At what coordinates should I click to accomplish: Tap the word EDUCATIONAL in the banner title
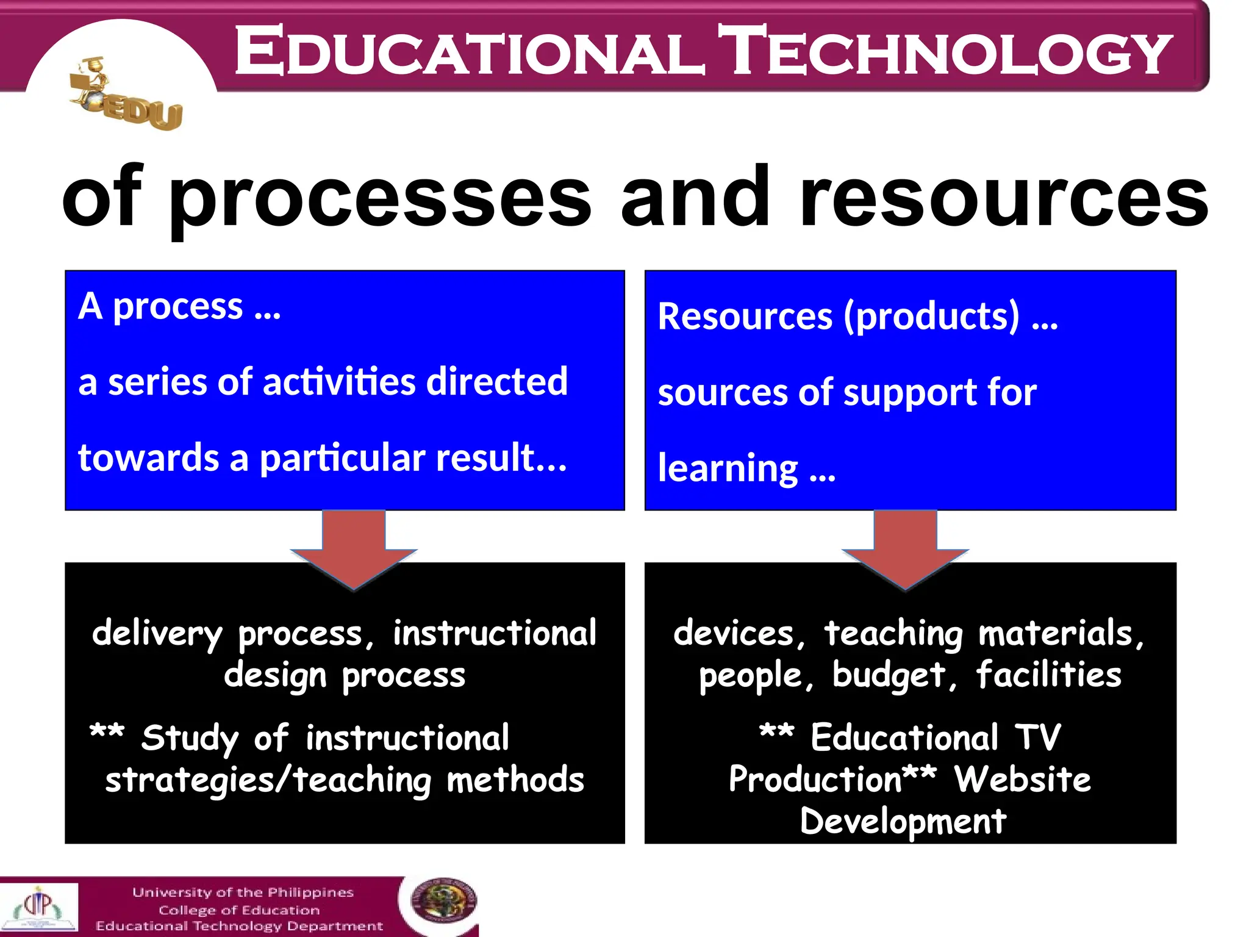point(470,51)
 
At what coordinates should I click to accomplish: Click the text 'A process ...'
point(180,306)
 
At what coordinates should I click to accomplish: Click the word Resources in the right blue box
point(745,317)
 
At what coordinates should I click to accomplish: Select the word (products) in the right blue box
point(931,317)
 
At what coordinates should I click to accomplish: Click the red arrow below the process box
point(354,549)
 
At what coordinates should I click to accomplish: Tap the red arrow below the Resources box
point(905,549)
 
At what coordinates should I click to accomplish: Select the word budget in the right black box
point(889,676)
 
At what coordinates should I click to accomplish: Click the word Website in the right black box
point(1022,780)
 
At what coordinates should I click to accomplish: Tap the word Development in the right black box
point(903,821)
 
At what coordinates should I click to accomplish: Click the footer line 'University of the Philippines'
point(243,892)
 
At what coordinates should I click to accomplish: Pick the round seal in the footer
point(443,901)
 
